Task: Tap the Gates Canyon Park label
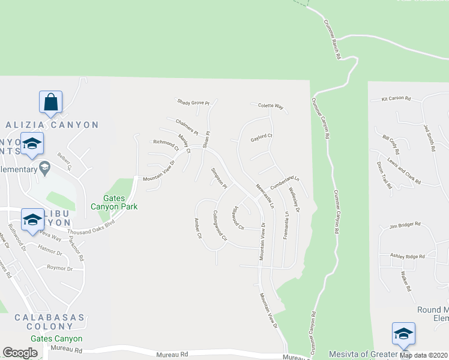coord(120,202)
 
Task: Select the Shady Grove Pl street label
coord(193,103)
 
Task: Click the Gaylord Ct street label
coord(262,137)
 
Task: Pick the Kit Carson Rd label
coord(396,98)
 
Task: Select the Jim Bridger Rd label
coord(402,226)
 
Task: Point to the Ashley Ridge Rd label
coord(408,256)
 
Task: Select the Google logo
coord(20,353)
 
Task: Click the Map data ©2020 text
coord(423,355)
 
